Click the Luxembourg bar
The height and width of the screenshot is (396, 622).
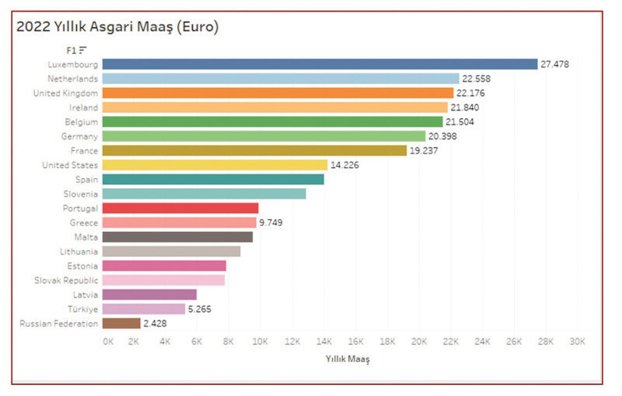[320, 64]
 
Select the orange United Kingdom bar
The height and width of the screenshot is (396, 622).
[278, 93]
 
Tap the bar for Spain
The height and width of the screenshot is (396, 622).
[213, 179]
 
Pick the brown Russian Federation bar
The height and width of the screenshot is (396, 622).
[121, 323]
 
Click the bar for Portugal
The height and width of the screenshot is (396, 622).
[180, 208]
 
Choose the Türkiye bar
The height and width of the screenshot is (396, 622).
[144, 309]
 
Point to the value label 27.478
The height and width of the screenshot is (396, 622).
[556, 64]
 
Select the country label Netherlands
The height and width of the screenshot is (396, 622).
[72, 79]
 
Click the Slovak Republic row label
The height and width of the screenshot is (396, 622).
[66, 280]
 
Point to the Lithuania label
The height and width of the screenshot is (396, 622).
[79, 251]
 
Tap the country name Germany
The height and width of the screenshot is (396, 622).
[79, 136]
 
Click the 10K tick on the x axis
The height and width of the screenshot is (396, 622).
[260, 342]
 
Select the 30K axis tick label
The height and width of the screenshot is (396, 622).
[578, 342]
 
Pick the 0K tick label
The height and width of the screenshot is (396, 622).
[109, 342]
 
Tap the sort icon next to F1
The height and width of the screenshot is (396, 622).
[82, 50]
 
